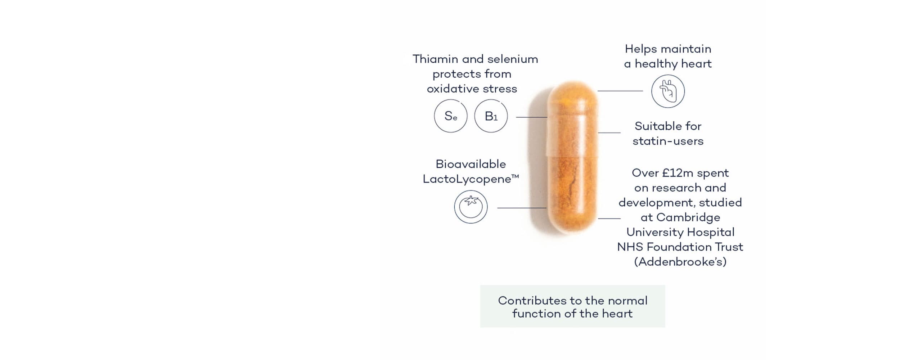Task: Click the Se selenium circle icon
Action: click(x=450, y=116)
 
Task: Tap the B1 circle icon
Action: click(x=491, y=116)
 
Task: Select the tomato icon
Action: click(x=471, y=207)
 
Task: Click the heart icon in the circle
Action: click(x=668, y=91)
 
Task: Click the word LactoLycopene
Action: click(x=467, y=179)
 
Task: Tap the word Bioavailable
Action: click(x=471, y=164)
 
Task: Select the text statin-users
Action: click(x=668, y=141)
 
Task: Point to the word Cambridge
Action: click(x=688, y=217)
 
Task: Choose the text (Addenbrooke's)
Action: click(x=680, y=262)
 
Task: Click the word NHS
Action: click(x=630, y=247)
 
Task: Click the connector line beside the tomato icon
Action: click(x=522, y=208)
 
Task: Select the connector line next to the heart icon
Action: click(x=620, y=91)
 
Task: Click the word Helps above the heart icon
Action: click(x=640, y=49)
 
